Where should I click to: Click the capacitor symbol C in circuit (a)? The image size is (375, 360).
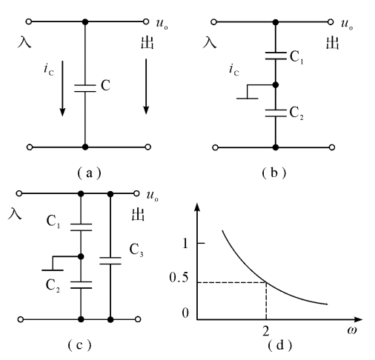[x=85, y=88]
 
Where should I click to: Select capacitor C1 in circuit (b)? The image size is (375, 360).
[x=276, y=56]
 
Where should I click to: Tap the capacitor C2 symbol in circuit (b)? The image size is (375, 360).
[x=276, y=113]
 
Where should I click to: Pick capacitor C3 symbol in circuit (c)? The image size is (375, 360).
[x=110, y=261]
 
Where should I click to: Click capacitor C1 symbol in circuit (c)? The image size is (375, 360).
[x=81, y=227]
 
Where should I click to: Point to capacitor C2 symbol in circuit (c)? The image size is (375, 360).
[x=81, y=284]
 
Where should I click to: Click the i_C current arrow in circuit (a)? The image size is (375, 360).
[x=62, y=88]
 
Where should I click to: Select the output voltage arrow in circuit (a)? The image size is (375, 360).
[x=146, y=87]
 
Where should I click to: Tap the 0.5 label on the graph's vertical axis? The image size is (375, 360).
[x=179, y=278]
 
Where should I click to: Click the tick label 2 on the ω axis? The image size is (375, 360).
[x=266, y=331]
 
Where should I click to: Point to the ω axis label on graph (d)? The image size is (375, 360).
[x=352, y=330]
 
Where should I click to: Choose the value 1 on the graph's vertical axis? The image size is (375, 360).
[x=185, y=244]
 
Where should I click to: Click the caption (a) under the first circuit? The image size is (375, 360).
[x=89, y=173]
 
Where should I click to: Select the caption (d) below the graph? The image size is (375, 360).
[x=279, y=345]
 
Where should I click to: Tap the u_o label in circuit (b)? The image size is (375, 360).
[x=347, y=24]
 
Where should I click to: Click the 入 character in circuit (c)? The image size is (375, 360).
[x=15, y=213]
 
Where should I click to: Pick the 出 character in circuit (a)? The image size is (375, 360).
[x=147, y=42]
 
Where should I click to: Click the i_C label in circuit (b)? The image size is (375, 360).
[x=233, y=70]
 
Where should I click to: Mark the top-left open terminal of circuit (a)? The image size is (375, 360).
[x=29, y=21]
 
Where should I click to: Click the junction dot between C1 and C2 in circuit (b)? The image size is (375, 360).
[x=276, y=85]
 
